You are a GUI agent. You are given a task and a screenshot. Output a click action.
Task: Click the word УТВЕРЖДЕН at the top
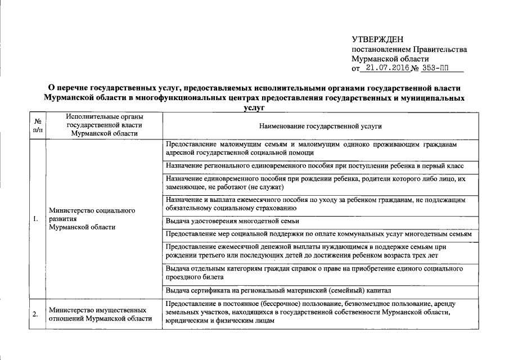coord(377,39)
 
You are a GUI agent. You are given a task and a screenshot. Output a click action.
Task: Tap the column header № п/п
coord(38,125)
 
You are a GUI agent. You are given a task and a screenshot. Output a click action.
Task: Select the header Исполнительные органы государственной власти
coord(103,125)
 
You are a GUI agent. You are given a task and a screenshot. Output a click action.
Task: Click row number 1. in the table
coord(36,219)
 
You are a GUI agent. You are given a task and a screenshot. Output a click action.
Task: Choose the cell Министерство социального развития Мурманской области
coord(91,219)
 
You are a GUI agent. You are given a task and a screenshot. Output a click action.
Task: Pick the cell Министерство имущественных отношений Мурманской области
coord(100,314)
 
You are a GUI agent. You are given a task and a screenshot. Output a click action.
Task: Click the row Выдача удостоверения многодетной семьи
coord(233,220)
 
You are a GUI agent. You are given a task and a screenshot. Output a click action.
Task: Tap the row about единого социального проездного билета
coord(313,273)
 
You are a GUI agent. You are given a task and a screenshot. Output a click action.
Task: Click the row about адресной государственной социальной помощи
coord(313,148)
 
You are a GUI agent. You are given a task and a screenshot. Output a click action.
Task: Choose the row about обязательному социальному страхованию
coord(313,204)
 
